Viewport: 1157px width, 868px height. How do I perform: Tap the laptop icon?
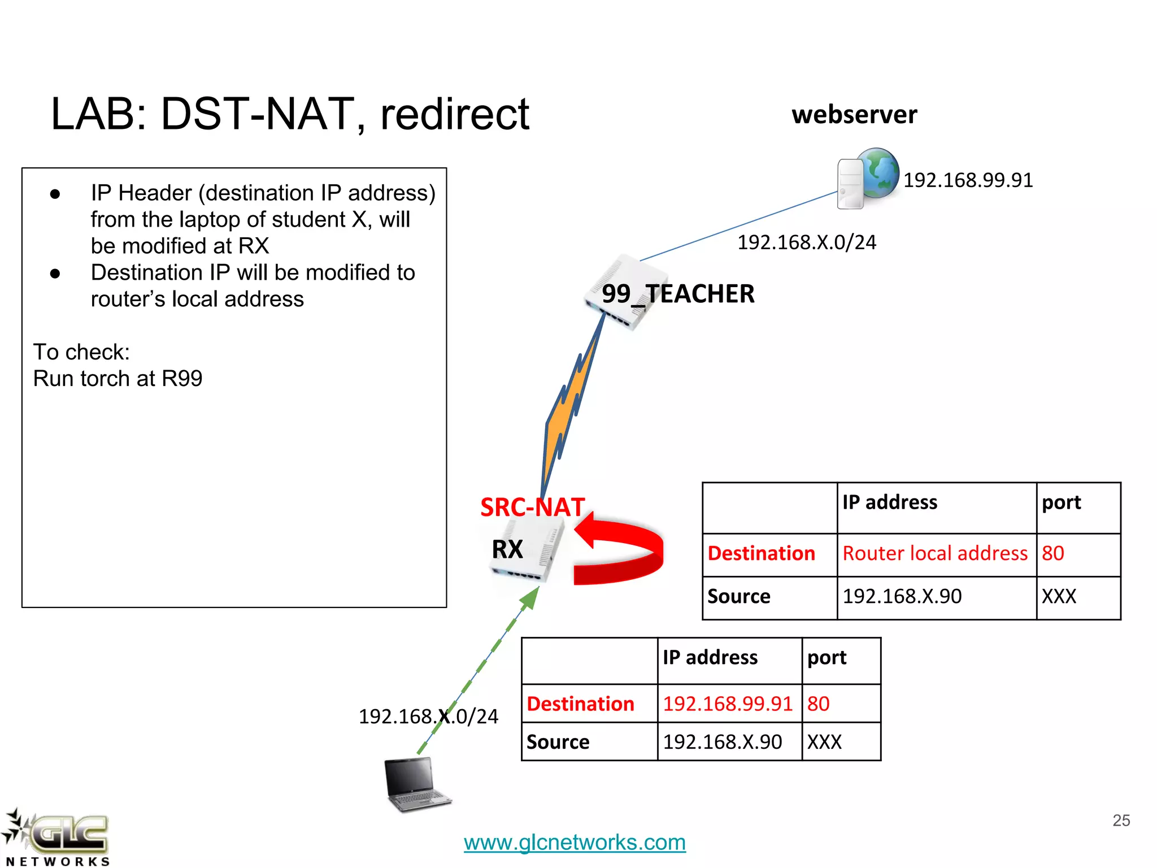pos(416,783)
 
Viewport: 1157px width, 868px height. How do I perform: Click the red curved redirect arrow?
pos(621,551)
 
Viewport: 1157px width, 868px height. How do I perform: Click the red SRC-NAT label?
pos(532,507)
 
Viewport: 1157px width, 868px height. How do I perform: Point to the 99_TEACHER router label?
pos(677,294)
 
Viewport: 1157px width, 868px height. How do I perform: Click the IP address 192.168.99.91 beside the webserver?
pos(968,180)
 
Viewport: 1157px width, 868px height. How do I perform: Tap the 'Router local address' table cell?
pos(935,553)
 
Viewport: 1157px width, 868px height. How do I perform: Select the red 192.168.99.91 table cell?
pos(728,704)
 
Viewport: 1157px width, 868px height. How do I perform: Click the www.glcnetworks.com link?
pos(575,842)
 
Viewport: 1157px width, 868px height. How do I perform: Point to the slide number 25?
pos(1121,820)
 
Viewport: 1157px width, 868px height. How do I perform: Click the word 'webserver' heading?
pos(854,115)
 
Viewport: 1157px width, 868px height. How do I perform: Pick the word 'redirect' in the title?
pos(455,114)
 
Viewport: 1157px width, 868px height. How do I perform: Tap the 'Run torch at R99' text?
pos(118,379)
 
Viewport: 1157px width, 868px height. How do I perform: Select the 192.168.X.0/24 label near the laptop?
pos(428,717)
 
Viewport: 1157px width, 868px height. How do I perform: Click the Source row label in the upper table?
pos(739,597)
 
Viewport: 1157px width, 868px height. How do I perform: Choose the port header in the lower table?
pos(827,658)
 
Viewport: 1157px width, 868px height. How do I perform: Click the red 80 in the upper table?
pos(1053,553)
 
